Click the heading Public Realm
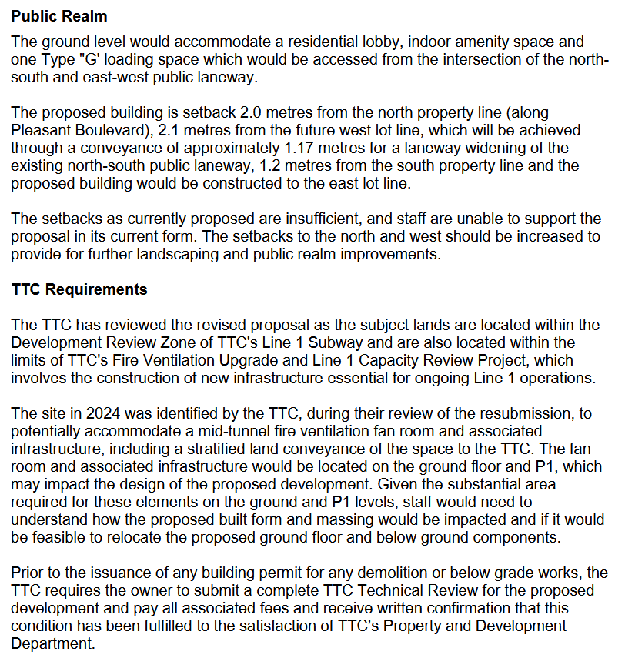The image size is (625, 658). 59,15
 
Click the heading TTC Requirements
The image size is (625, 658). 79,289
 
